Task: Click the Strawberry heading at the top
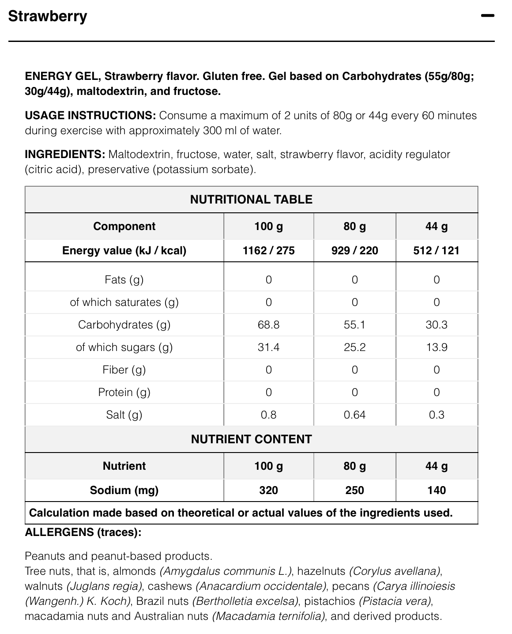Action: tap(48, 16)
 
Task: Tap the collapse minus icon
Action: tap(488, 16)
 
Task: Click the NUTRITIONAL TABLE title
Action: tap(251, 200)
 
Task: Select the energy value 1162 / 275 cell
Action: tap(268, 251)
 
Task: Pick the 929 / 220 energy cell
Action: tap(354, 251)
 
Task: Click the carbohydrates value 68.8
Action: tap(268, 325)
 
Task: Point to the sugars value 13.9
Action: tap(437, 347)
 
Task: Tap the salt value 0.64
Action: tap(354, 415)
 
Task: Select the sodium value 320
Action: tap(268, 491)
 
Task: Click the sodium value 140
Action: tap(437, 491)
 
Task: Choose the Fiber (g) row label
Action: tap(124, 370)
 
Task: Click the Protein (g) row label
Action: tap(124, 392)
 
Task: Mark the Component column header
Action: tap(124, 226)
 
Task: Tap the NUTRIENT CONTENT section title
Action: tap(251, 439)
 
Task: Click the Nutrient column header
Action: tap(124, 466)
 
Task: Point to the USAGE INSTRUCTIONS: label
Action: tap(90, 116)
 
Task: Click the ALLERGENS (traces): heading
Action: tap(83, 532)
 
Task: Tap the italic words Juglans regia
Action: tap(104, 586)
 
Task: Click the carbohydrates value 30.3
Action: tap(437, 325)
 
